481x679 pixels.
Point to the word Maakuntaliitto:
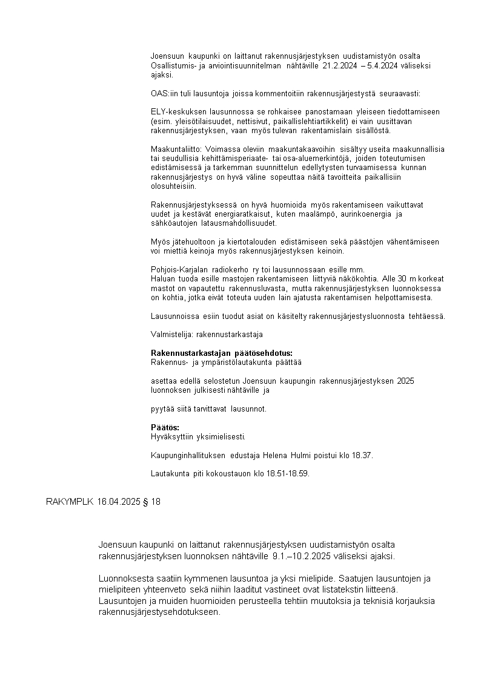(177, 149)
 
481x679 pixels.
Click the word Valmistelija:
(171, 334)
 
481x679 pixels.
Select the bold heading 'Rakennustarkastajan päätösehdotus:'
(221, 353)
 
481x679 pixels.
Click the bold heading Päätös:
(165, 427)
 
